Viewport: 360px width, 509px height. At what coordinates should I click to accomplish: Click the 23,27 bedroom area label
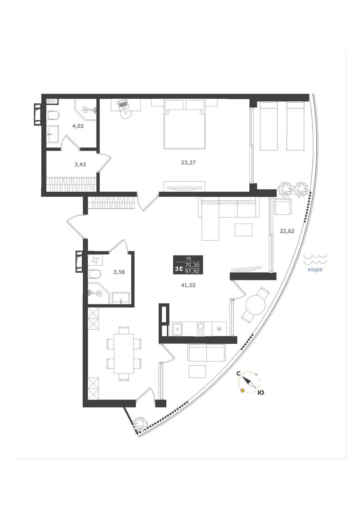tap(188, 163)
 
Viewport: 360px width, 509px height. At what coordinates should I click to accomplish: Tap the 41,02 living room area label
tap(188, 285)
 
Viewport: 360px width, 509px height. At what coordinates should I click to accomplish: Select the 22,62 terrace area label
tap(287, 231)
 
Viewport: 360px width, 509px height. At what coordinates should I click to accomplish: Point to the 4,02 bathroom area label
tap(78, 126)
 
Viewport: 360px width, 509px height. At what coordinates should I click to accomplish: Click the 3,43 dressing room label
tap(80, 164)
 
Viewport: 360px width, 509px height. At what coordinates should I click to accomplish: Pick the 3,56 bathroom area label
tap(119, 272)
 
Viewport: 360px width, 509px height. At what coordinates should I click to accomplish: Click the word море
tap(315, 270)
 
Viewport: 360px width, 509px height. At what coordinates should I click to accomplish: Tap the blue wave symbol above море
tap(315, 260)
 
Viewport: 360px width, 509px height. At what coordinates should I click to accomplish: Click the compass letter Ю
tap(261, 393)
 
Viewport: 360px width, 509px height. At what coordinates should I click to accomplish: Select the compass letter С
tap(238, 373)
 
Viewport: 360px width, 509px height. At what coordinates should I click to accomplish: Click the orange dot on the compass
tap(243, 390)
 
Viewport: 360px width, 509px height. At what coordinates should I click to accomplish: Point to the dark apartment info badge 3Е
tap(188, 265)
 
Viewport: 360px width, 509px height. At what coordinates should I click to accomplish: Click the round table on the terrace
tap(255, 305)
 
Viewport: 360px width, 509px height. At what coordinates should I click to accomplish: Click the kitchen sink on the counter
tap(177, 329)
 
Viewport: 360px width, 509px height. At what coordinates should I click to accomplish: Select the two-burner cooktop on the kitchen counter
tap(200, 329)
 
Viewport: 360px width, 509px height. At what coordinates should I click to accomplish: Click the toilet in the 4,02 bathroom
tap(54, 115)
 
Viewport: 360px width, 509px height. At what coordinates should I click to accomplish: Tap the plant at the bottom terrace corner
tap(140, 423)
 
